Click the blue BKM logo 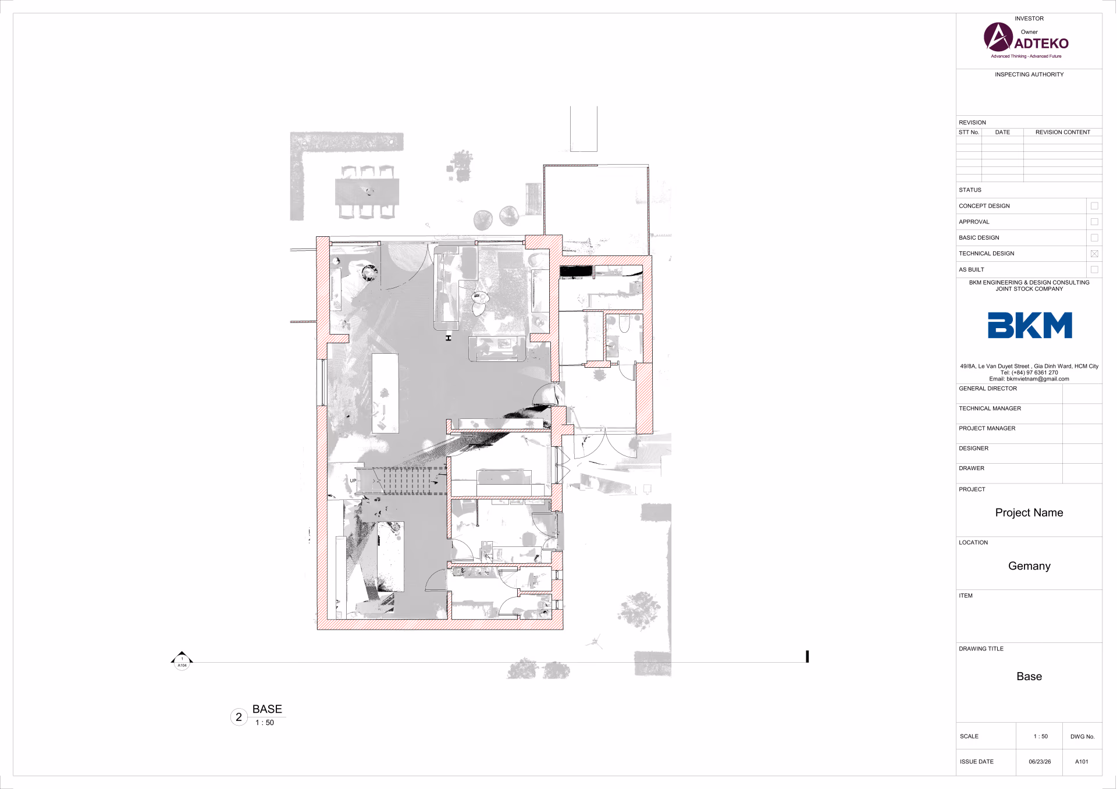pyautogui.click(x=1030, y=325)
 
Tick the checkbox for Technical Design pyautogui.click(x=1094, y=254)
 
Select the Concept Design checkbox pyautogui.click(x=1094, y=206)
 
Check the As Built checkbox pyautogui.click(x=1094, y=269)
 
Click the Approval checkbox pyautogui.click(x=1094, y=222)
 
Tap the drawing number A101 pyautogui.click(x=1082, y=762)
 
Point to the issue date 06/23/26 pyautogui.click(x=1040, y=762)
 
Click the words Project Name pyautogui.click(x=1029, y=513)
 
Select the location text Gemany pyautogui.click(x=1029, y=566)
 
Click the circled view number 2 pyautogui.click(x=239, y=717)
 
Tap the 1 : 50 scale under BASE pyautogui.click(x=265, y=723)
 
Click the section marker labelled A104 pyautogui.click(x=182, y=662)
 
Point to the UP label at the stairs pyautogui.click(x=353, y=481)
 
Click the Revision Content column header pyautogui.click(x=1062, y=132)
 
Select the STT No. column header pyautogui.click(x=969, y=132)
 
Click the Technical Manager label pyautogui.click(x=990, y=408)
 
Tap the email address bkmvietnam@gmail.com pyautogui.click(x=1037, y=379)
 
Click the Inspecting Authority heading pyautogui.click(x=1029, y=74)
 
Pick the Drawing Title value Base pyautogui.click(x=1029, y=676)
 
